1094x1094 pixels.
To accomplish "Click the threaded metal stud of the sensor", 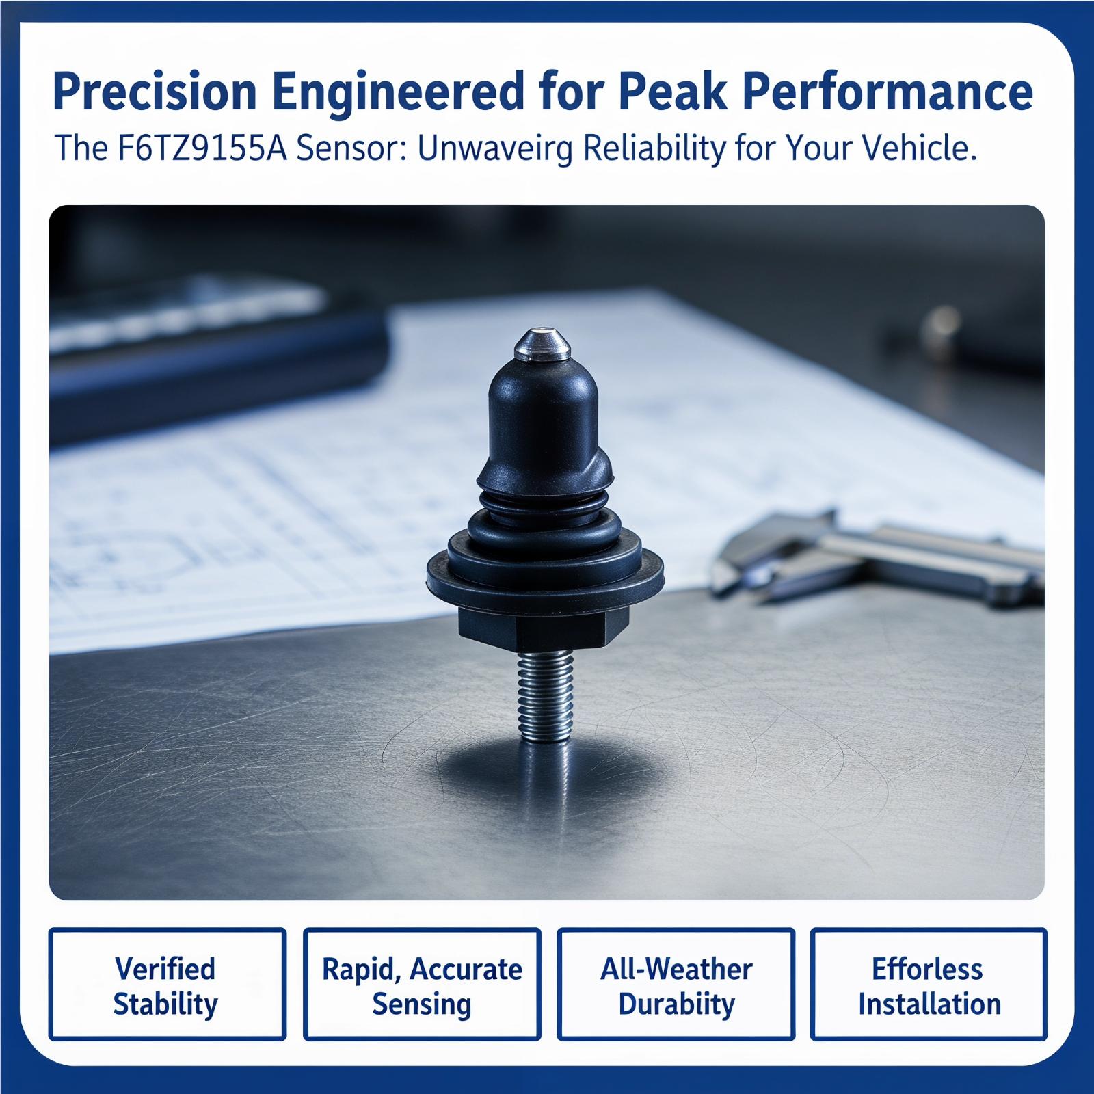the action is tap(544, 695).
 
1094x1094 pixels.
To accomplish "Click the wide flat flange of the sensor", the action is tap(545, 573).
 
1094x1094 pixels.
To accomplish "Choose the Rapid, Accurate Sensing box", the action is tap(422, 984).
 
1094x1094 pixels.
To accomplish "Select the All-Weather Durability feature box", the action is tap(676, 984).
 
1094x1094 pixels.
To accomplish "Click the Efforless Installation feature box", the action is tap(929, 984).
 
